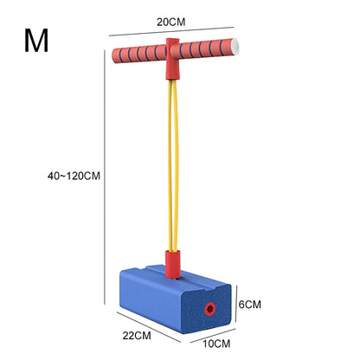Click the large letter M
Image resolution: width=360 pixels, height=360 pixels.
(36, 41)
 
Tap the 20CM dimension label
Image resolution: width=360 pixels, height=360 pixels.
(171, 22)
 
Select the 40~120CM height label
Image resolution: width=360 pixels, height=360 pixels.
(74, 176)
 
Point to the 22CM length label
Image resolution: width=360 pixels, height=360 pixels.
(137, 336)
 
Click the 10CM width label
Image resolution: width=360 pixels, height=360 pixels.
(216, 344)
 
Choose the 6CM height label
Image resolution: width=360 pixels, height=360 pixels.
(250, 305)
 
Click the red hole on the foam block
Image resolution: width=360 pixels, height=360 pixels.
(210, 309)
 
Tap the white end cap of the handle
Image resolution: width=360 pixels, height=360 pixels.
(235, 47)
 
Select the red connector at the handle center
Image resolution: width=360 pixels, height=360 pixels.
(172, 59)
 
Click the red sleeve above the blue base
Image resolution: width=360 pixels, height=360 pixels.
(173, 264)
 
